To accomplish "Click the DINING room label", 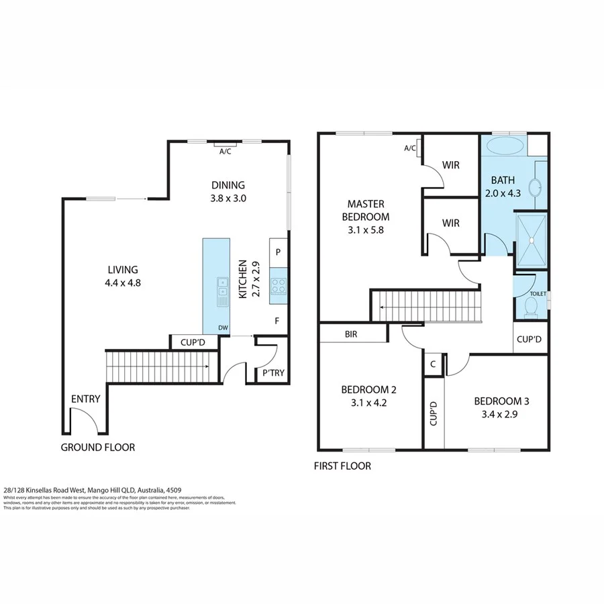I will click(x=228, y=185).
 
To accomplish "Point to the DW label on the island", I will click(x=221, y=328).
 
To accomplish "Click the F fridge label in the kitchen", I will click(x=276, y=321).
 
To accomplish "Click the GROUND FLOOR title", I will click(x=98, y=448).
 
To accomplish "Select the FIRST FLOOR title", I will click(x=342, y=466).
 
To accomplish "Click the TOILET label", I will click(x=538, y=294).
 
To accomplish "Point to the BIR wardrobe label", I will click(x=350, y=334).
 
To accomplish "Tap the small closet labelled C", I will click(x=434, y=364).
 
